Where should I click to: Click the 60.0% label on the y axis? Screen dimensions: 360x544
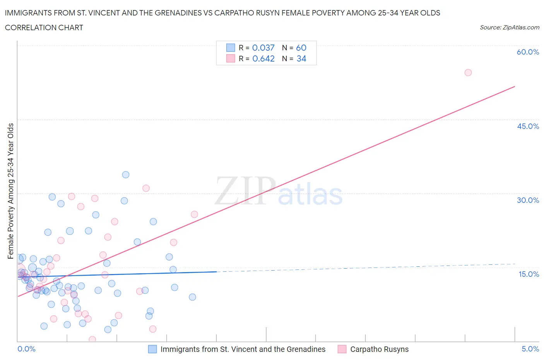[528, 52]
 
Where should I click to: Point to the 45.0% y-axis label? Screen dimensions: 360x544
[528, 126]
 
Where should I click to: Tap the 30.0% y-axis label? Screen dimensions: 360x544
[528, 200]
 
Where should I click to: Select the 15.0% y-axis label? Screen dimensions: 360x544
[528, 274]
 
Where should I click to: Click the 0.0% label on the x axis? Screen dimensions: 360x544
[26, 349]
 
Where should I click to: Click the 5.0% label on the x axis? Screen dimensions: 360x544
[530, 349]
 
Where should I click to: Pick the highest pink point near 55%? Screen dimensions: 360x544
[468, 72]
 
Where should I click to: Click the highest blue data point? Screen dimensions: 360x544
[125, 175]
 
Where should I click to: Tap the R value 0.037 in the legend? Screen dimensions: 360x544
[263, 48]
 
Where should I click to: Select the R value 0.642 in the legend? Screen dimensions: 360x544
[263, 58]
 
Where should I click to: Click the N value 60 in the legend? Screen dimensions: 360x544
[301, 48]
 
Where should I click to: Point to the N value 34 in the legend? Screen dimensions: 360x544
[301, 58]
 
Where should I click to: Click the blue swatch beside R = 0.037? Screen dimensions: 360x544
[231, 48]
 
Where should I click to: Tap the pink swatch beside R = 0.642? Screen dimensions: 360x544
[231, 58]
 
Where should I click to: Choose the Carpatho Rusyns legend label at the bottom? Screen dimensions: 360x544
[379, 349]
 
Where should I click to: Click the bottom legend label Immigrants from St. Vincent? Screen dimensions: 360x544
[243, 349]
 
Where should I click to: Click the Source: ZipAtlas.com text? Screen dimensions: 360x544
[509, 27]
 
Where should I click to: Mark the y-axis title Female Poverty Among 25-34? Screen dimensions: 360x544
[10, 191]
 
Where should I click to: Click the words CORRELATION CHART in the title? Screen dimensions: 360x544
[44, 27]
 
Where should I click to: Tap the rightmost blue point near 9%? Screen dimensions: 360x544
[192, 297]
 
